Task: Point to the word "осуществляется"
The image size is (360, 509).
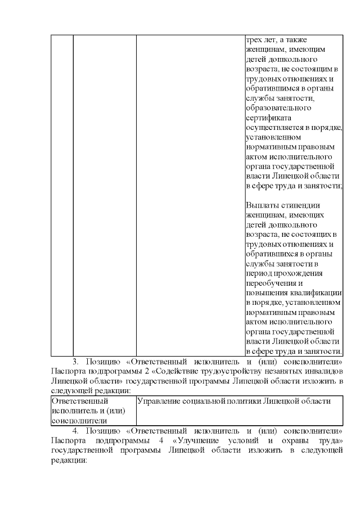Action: click(273, 127)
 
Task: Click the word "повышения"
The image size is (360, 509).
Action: click(267, 292)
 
